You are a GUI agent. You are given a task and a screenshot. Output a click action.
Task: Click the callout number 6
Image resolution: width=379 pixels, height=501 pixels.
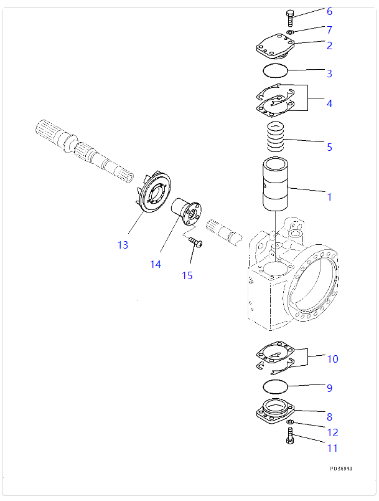coord(329,11)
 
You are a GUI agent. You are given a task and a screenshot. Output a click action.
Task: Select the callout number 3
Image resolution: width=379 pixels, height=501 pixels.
coord(329,74)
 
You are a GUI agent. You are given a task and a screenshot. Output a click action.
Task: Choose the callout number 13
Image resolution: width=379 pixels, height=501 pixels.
coord(123,245)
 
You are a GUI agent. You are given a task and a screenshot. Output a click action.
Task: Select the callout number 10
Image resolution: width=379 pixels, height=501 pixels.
coord(332,359)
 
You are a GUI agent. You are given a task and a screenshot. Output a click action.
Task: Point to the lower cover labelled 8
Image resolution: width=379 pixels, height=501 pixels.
coord(276,412)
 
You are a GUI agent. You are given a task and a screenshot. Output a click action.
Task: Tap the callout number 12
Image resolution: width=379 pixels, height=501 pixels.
coord(332,432)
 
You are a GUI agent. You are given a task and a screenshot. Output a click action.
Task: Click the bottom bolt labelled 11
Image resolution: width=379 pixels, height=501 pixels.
coord(290,439)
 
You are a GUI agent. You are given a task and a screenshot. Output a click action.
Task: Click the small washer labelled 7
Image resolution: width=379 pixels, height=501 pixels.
coord(291,32)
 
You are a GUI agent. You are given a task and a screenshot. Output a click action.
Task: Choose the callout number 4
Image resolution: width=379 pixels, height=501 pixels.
coord(329,103)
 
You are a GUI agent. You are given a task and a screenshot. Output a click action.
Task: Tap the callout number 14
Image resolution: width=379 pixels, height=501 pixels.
coord(155,264)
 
